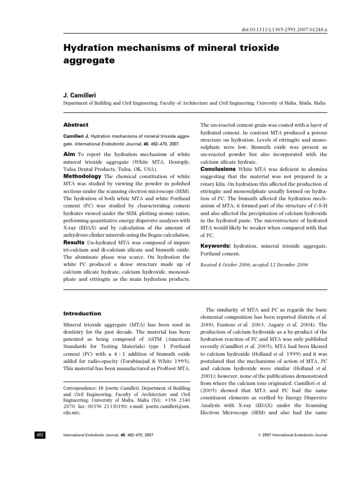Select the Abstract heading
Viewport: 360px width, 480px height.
75,125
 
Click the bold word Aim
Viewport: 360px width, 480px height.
69,154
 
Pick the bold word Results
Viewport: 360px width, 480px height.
74,242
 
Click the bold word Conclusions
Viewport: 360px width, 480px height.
217,169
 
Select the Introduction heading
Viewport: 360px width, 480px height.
82,314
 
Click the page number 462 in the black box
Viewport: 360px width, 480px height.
40,435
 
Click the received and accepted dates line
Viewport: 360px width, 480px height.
254,265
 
